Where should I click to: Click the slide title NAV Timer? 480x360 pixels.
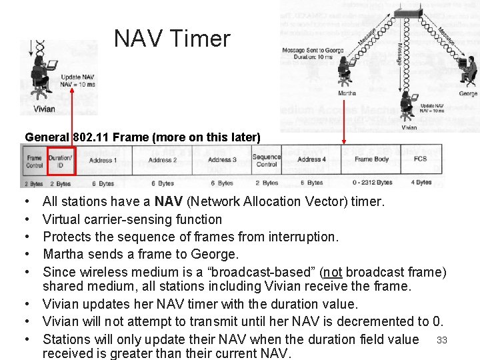click(172, 39)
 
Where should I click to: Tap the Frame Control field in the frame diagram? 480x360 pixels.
click(35, 161)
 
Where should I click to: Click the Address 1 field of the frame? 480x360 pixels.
click(102, 160)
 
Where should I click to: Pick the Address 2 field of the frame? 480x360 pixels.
click(162, 160)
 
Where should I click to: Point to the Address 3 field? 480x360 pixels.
click(222, 160)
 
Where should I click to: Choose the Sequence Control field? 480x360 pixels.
click(266, 161)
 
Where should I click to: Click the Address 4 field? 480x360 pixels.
click(311, 160)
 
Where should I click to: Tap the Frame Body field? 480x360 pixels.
click(371, 160)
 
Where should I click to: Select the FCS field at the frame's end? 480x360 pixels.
click(420, 160)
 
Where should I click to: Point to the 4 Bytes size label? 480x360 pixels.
click(421, 183)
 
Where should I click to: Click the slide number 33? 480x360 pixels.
click(441, 341)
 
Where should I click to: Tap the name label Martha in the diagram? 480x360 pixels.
click(347, 94)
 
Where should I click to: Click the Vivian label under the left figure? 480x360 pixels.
click(43, 109)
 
